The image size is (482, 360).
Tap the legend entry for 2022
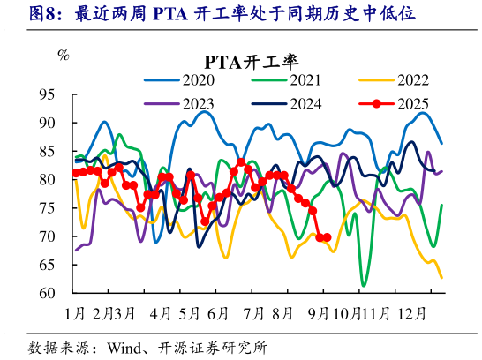tap(412, 80)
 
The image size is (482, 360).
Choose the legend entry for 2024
tap(306, 103)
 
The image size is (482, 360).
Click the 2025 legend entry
tap(412, 103)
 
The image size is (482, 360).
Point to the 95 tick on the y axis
tap(48, 94)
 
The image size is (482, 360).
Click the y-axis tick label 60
tap(48, 293)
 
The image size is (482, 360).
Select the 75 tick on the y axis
tap(48, 208)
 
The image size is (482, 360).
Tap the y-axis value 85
tap(48, 151)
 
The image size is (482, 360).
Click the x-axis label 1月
tap(76, 312)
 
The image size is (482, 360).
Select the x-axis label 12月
tap(413, 312)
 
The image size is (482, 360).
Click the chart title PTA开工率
tap(252, 61)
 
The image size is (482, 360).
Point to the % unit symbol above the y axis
tap(63, 56)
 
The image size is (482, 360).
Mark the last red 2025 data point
tap(328, 236)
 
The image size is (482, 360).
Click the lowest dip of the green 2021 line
tap(363, 286)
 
